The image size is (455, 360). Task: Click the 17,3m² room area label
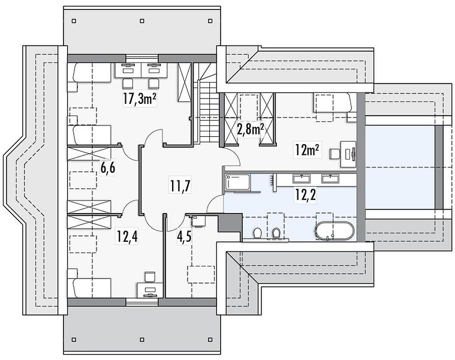click(x=140, y=99)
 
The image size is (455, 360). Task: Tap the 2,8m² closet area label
click(x=251, y=129)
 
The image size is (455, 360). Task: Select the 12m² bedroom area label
click(x=308, y=149)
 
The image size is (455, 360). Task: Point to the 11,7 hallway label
click(x=180, y=186)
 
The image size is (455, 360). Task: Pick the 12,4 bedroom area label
click(x=127, y=236)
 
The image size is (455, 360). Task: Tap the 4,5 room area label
click(x=184, y=236)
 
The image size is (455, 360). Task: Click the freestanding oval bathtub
click(x=335, y=231)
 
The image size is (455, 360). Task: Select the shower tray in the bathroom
click(x=237, y=182)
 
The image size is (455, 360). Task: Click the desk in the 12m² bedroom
click(x=348, y=154)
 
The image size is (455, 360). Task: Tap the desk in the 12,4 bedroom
click(x=150, y=290)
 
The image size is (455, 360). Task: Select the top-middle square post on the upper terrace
click(x=142, y=21)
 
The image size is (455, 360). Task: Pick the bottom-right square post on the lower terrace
click(x=210, y=340)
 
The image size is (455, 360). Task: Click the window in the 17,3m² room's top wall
click(x=142, y=58)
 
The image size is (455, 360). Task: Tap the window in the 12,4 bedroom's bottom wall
click(x=142, y=302)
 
